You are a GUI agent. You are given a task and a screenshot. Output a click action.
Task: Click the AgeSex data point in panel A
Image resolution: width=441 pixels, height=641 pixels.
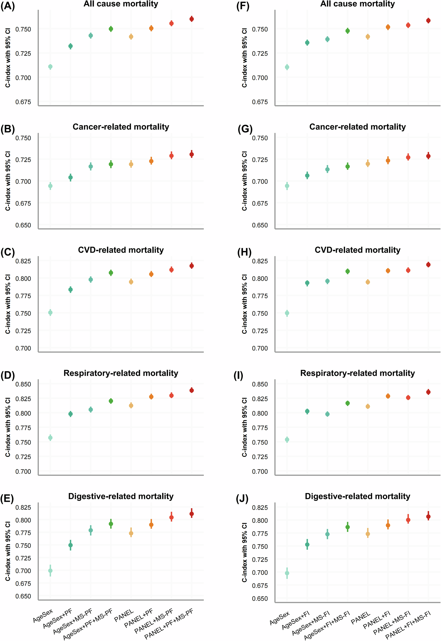50,67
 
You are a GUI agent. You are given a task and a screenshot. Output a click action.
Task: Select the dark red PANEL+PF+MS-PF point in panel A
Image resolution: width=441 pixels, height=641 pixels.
192,19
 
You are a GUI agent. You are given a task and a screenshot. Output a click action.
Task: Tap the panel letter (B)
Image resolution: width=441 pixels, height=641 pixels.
7,129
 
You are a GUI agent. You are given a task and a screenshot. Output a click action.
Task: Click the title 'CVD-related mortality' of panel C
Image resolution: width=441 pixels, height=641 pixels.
121,250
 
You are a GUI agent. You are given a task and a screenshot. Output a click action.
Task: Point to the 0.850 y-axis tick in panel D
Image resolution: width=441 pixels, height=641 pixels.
23,384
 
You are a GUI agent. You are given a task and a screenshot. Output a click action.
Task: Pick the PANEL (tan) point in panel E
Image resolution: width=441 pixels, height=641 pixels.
131,533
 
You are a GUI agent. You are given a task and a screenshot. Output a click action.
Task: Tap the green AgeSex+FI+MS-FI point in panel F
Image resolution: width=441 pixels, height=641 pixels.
348,31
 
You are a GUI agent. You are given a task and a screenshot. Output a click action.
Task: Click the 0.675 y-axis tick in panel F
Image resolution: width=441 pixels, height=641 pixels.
260,102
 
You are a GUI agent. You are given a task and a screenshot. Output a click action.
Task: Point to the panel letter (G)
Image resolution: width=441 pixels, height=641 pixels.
245,129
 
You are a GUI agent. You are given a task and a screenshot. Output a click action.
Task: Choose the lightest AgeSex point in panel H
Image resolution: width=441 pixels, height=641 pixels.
287,313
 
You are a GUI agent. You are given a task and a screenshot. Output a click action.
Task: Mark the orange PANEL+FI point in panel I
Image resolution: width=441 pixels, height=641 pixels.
388,396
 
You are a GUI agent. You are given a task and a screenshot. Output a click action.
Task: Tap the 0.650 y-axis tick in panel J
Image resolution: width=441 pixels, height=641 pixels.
260,599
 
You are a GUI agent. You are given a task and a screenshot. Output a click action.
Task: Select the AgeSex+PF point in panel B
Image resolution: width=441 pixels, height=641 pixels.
71,177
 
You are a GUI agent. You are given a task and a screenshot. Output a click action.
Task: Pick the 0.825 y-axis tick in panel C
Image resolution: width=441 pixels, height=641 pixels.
23,261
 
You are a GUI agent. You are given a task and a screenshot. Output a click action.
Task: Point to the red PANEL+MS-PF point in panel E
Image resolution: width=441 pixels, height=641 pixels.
171,517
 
